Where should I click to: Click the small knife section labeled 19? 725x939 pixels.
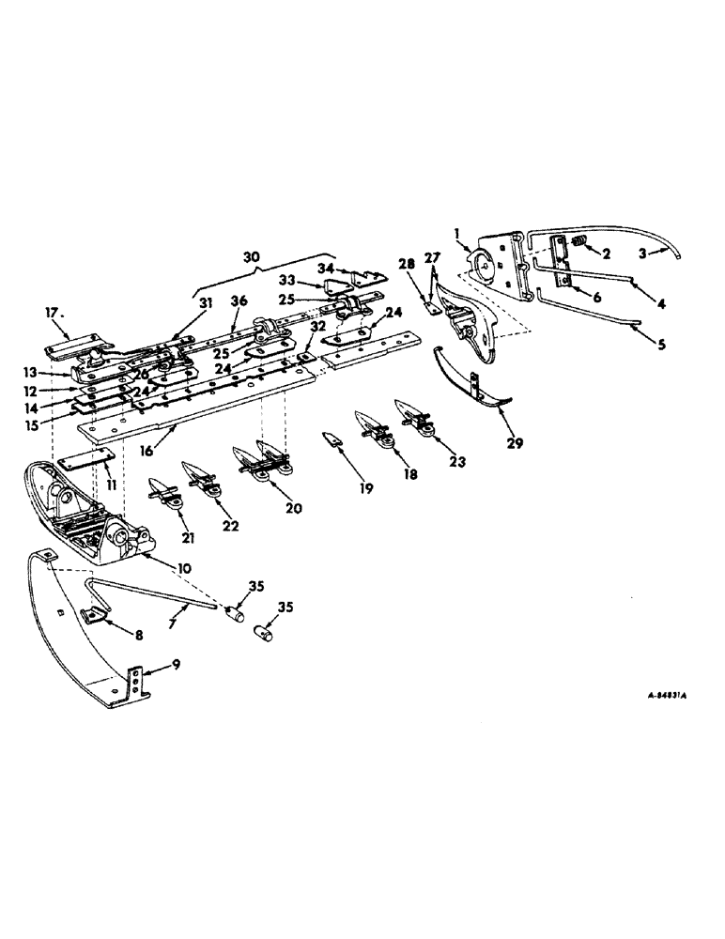point(332,437)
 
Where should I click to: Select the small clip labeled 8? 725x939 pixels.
point(93,615)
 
